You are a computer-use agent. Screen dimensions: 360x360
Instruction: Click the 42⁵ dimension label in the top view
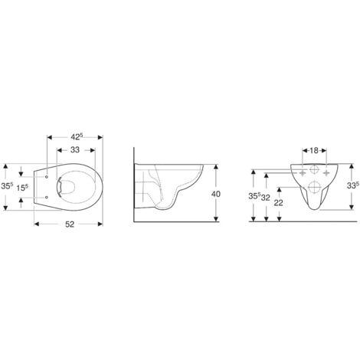[x=77, y=137]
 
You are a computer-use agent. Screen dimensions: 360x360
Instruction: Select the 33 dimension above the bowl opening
[x=75, y=149]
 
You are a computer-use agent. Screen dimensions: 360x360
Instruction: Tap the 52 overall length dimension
[x=70, y=224]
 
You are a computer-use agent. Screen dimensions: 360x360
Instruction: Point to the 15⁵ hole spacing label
[x=22, y=188]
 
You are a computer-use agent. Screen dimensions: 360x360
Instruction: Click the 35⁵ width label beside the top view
[x=7, y=186]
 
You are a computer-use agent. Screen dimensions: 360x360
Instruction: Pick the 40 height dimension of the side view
[x=216, y=194]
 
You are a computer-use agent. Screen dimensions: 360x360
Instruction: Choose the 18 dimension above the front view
[x=314, y=151]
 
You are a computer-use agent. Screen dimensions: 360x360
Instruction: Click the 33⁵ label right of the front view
[x=353, y=185]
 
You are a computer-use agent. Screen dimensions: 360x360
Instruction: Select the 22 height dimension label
[x=279, y=203]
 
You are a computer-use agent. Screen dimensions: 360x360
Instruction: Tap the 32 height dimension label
[x=266, y=197]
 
